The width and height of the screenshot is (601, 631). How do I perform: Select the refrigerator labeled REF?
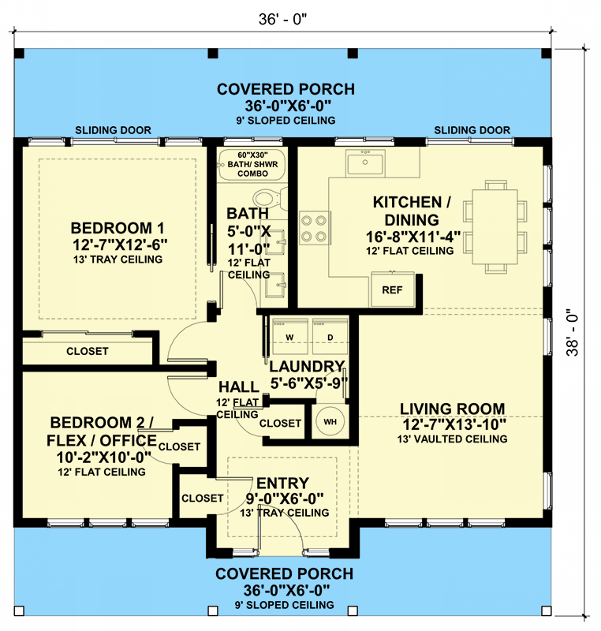coord(392,289)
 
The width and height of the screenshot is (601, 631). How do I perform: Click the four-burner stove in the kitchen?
coord(313,229)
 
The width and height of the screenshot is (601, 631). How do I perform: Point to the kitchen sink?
coord(364,163)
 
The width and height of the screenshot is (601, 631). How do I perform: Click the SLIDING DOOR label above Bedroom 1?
coord(113,130)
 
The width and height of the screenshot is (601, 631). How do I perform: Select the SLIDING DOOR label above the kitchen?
coord(472,130)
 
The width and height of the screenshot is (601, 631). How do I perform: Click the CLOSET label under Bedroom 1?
coord(88,351)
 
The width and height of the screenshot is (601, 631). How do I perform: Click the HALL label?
coord(238,387)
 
